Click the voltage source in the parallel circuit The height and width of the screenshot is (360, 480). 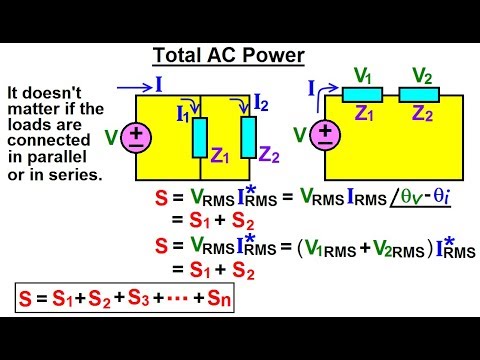pyautogui.click(x=136, y=138)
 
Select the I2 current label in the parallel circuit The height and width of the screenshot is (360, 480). pyautogui.click(x=261, y=101)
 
